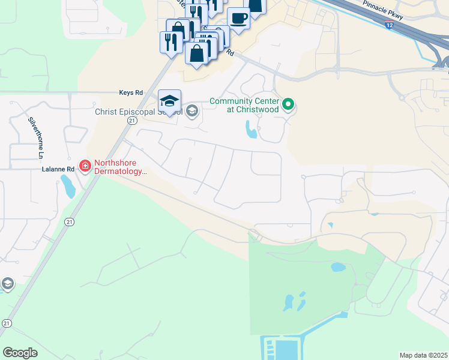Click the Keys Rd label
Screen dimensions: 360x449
[x=131, y=93]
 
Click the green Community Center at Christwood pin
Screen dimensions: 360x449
[x=288, y=105]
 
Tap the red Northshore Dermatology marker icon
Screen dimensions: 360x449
[x=85, y=166]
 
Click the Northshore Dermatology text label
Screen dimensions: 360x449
[x=120, y=167]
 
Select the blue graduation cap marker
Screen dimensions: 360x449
[x=170, y=101]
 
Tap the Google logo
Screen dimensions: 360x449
[x=20, y=353]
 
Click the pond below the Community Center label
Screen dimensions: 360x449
[x=251, y=129]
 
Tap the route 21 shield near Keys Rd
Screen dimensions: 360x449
[x=132, y=121]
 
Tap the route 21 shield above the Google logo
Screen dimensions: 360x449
[x=7, y=323]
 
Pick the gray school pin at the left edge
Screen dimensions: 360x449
[x=7, y=284]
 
